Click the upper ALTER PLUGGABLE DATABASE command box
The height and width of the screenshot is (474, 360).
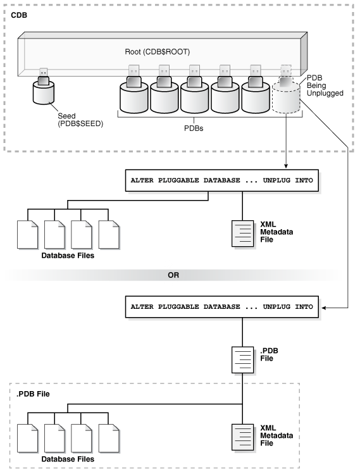tap(221, 180)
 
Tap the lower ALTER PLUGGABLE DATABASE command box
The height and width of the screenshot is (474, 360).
tap(221, 306)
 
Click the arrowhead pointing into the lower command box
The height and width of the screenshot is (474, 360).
tap(325, 307)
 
